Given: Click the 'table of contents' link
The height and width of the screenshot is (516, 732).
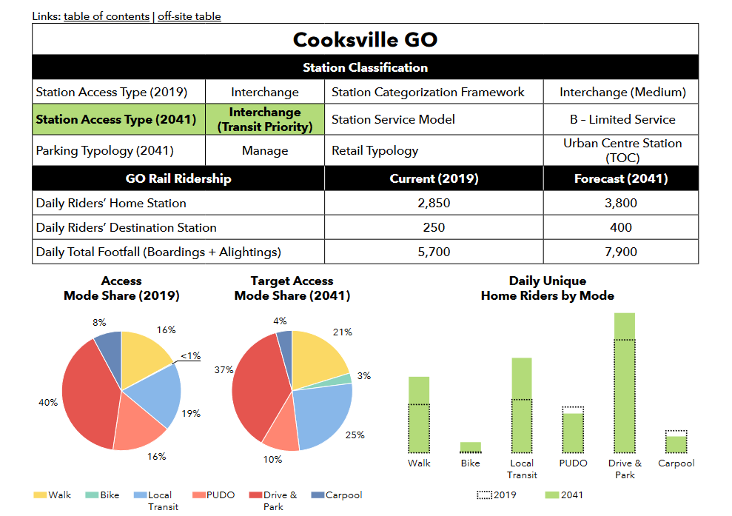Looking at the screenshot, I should pyautogui.click(x=107, y=16).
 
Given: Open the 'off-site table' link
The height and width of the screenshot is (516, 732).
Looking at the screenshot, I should pyautogui.click(x=189, y=16).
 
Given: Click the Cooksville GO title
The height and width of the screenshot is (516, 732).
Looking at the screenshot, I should pyautogui.click(x=365, y=39).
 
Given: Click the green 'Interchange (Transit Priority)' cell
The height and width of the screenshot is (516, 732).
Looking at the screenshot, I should pyautogui.click(x=264, y=119).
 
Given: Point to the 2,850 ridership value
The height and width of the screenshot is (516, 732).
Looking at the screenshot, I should pyautogui.click(x=434, y=203).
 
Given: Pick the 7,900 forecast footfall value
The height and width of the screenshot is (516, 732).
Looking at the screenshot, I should pyautogui.click(x=621, y=252).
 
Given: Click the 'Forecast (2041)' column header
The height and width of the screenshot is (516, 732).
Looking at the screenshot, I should pyautogui.click(x=621, y=178).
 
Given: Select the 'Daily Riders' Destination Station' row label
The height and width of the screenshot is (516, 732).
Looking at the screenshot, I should pyautogui.click(x=126, y=227).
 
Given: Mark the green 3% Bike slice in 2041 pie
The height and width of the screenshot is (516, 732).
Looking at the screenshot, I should pyautogui.click(x=345, y=380).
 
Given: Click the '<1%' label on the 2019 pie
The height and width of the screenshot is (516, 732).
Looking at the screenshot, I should pyautogui.click(x=190, y=356).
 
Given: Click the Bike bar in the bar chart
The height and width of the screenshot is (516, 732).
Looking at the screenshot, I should pyautogui.click(x=470, y=447).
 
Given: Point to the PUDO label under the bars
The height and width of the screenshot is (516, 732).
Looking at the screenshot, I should pyautogui.click(x=573, y=463).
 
